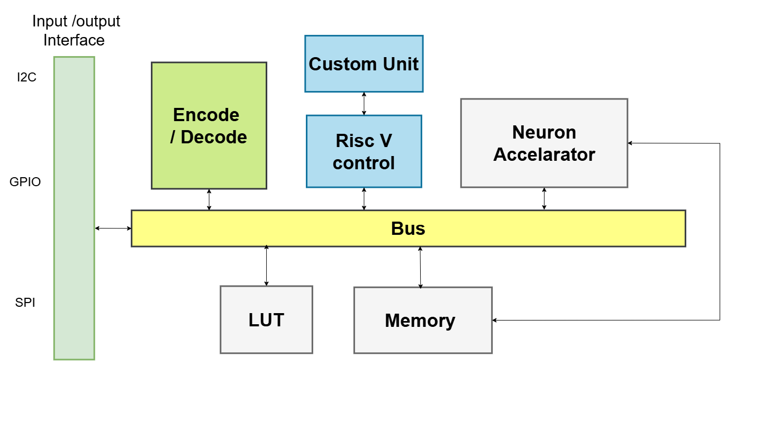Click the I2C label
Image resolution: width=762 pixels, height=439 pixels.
coord(26,78)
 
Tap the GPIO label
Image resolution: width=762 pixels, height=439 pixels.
coord(25,182)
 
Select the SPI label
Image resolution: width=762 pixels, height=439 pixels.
coord(25,303)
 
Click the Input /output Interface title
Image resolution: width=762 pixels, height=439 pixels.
coord(75,31)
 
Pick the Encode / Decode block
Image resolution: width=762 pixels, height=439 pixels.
coord(209,126)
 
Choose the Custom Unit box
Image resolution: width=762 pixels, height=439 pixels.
coord(364,64)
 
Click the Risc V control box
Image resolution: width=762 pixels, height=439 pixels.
coord(364,152)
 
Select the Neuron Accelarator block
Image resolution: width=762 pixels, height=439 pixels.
coord(544,143)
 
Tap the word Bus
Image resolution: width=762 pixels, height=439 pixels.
coord(408,228)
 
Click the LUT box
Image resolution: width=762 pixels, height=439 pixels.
coord(266,320)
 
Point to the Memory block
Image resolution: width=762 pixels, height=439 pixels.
coord(422,321)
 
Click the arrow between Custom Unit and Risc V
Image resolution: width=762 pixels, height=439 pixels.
coord(364,104)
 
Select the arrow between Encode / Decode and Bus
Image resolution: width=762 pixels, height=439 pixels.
coord(209,199)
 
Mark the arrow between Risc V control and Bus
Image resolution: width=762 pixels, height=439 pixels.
coord(364,199)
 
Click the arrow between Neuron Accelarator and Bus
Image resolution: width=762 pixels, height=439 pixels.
coord(544,199)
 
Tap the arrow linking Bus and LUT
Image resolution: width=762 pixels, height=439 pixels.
coord(266,266)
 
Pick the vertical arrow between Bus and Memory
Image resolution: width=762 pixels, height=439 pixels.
coord(421,267)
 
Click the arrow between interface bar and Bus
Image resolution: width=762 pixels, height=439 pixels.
coord(113,228)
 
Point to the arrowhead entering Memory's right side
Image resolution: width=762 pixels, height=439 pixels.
coord(495,320)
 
